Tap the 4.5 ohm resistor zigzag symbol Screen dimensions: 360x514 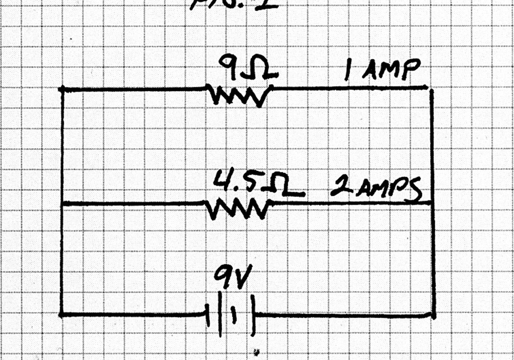(238, 208)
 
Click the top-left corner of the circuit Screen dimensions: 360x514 (61, 89)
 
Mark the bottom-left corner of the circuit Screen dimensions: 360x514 (61, 314)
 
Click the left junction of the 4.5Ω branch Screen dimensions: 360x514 (61, 205)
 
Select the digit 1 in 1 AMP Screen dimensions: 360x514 (347, 73)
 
